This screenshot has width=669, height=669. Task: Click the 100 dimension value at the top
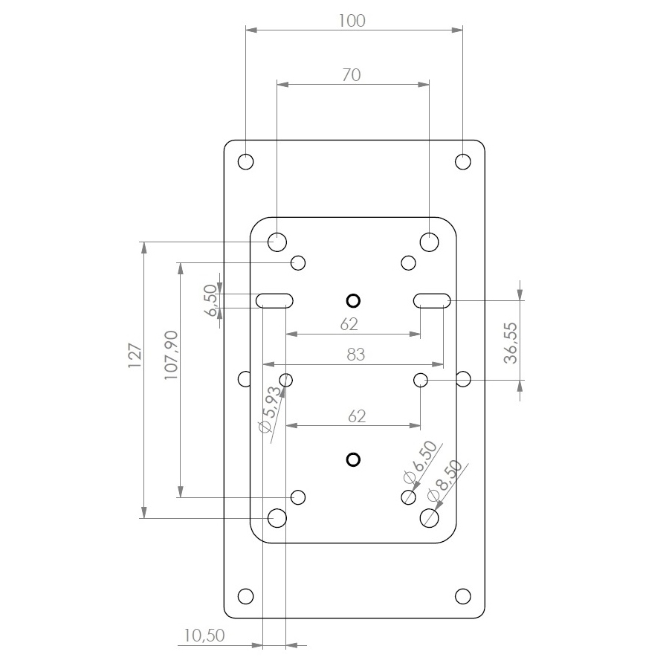click(352, 21)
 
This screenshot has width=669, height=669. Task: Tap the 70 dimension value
click(352, 75)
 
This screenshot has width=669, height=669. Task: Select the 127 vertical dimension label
click(135, 355)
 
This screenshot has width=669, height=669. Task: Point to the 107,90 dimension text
click(171, 355)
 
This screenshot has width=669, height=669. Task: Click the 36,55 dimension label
click(510, 343)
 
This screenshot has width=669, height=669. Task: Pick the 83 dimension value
click(356, 355)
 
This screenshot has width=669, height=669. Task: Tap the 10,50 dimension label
click(204, 636)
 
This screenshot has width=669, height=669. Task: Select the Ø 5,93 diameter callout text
click(271, 409)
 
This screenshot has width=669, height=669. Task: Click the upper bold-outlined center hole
click(353, 301)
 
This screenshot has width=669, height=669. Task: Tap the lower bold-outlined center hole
click(353, 459)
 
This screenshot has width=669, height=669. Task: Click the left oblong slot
click(274, 301)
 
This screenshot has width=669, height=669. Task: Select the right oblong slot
click(432, 301)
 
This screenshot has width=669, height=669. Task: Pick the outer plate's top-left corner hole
click(246, 162)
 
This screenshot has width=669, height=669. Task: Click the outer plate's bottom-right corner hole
click(463, 596)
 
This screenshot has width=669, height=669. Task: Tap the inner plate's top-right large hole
click(429, 242)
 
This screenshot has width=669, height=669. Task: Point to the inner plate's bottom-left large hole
click(277, 518)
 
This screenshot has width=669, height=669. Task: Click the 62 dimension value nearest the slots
click(349, 324)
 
